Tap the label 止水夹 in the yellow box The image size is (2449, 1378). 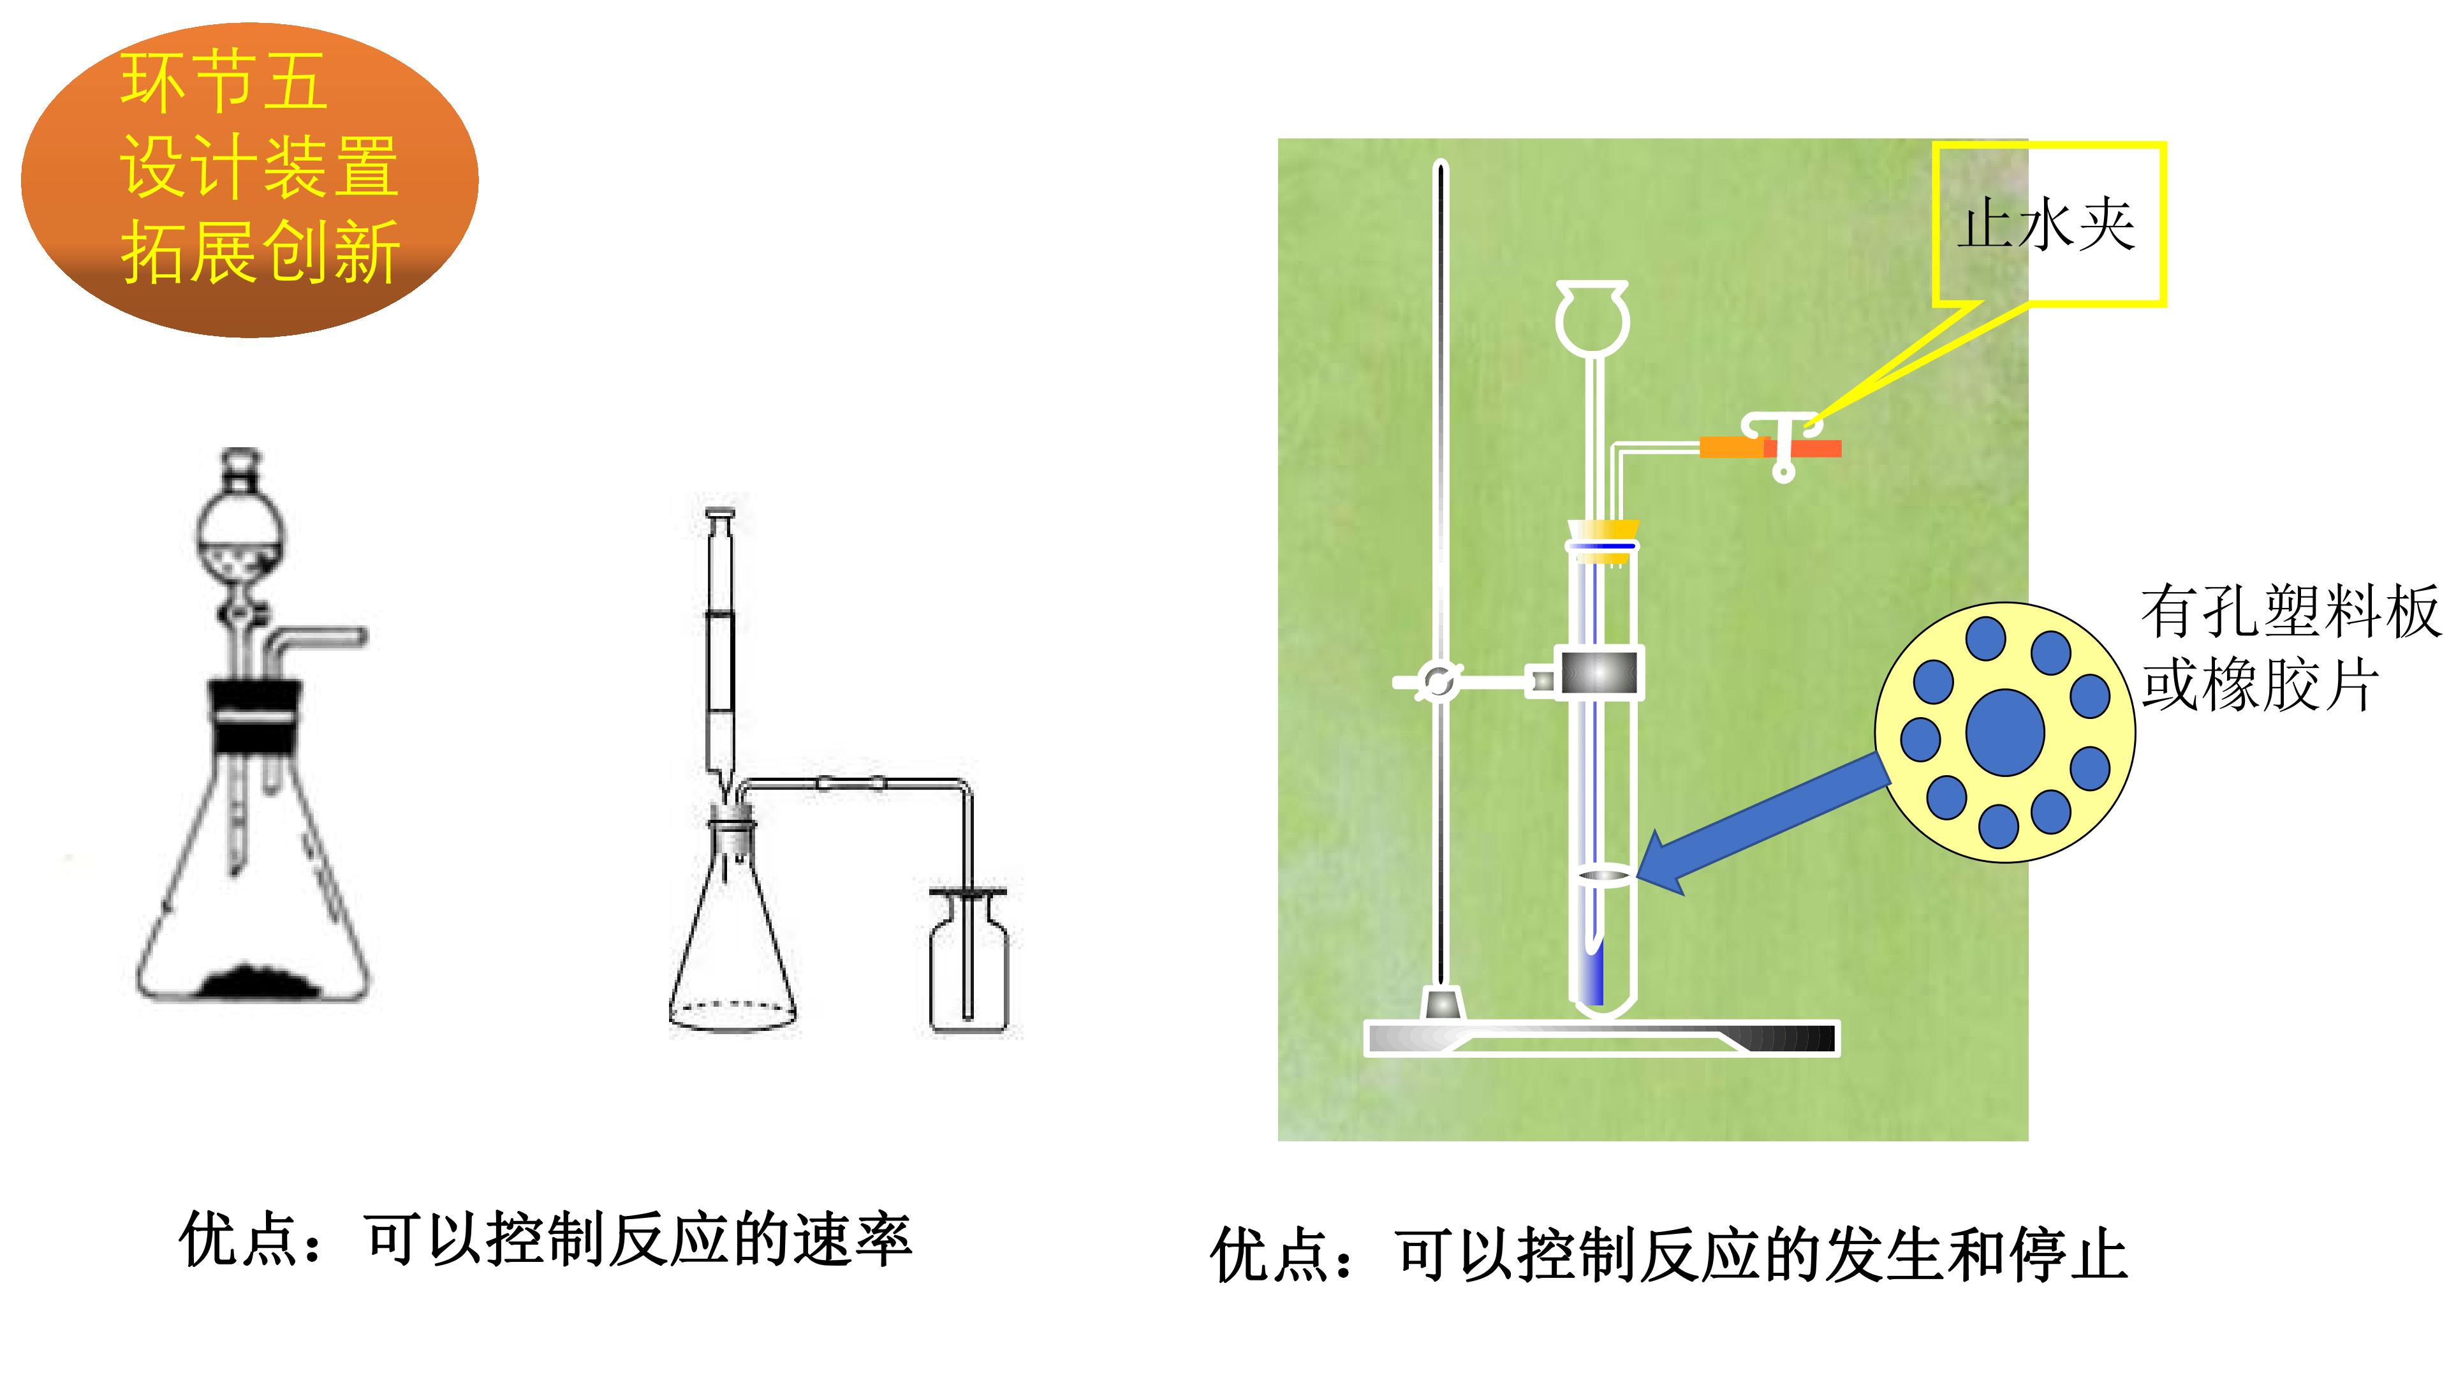[x=2046, y=226]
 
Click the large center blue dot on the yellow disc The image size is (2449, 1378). [x=2005, y=732]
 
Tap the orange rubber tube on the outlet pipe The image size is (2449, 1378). [x=1769, y=448]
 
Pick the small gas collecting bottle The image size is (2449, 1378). [x=969, y=961]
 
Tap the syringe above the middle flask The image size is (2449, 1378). [x=721, y=647]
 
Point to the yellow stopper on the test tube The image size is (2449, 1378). [x=1603, y=542]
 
